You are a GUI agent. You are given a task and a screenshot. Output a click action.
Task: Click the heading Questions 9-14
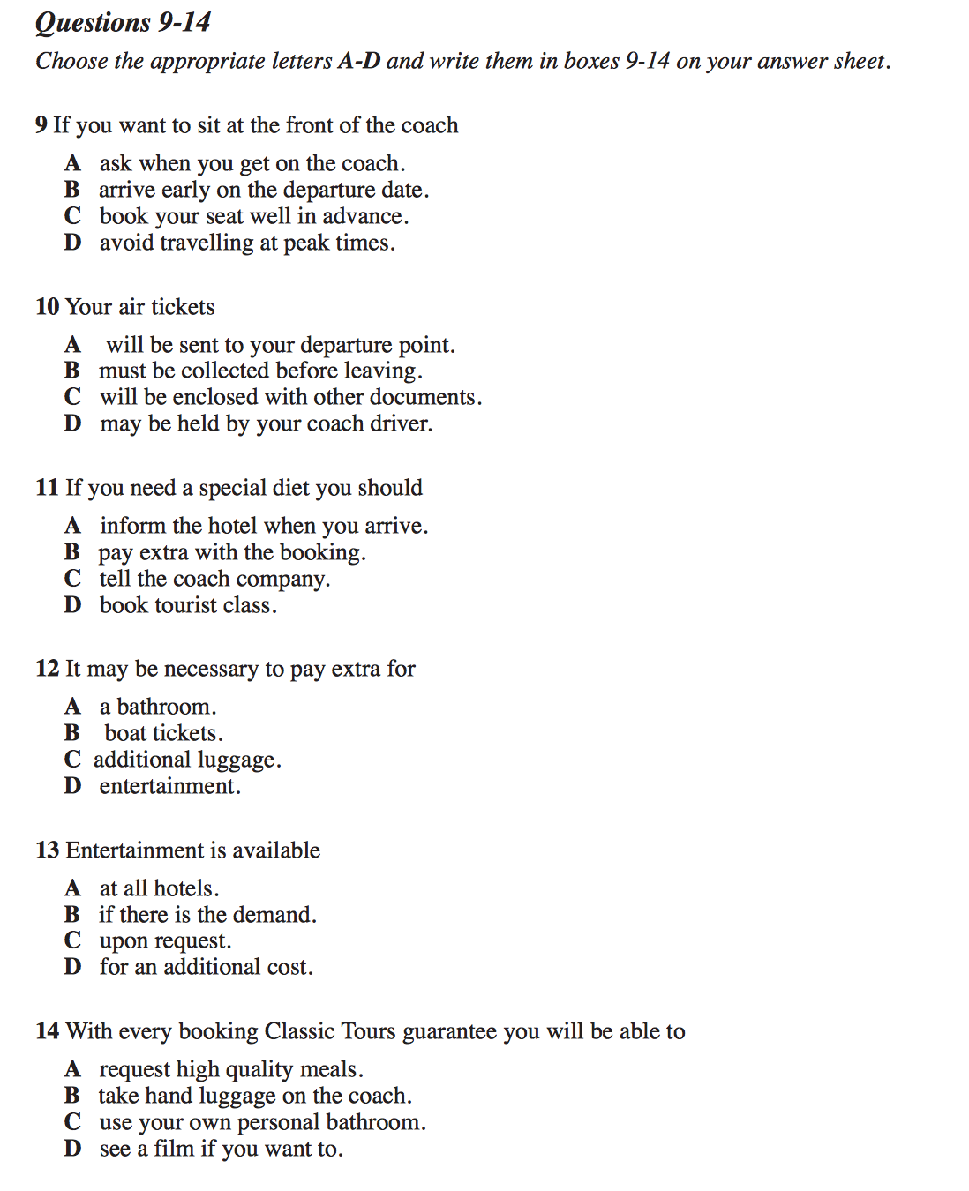[123, 22]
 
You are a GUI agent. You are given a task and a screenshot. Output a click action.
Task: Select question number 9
[41, 125]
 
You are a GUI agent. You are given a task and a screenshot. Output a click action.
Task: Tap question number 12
[47, 669]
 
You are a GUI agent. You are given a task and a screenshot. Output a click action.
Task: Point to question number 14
[47, 1031]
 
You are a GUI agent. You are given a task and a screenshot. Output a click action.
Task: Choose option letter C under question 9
[72, 216]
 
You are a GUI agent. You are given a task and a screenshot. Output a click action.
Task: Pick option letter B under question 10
[72, 371]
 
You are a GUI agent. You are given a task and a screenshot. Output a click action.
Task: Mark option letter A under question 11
[72, 526]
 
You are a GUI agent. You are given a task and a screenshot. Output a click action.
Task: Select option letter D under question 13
[72, 967]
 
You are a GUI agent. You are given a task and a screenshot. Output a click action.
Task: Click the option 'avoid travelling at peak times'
[247, 243]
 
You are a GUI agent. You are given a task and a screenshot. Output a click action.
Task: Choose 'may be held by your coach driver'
[266, 424]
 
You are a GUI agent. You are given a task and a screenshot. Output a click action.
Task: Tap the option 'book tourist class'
[188, 605]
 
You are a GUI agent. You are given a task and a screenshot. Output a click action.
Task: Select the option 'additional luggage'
[187, 760]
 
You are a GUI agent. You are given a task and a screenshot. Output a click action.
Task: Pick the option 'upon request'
[165, 941]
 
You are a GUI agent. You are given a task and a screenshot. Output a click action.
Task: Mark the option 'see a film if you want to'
[221, 1149]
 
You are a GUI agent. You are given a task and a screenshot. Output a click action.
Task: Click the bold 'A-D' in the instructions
[358, 61]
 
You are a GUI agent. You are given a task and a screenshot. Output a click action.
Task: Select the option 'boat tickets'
[163, 734]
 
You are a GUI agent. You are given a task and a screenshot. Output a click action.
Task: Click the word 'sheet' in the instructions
[859, 61]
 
